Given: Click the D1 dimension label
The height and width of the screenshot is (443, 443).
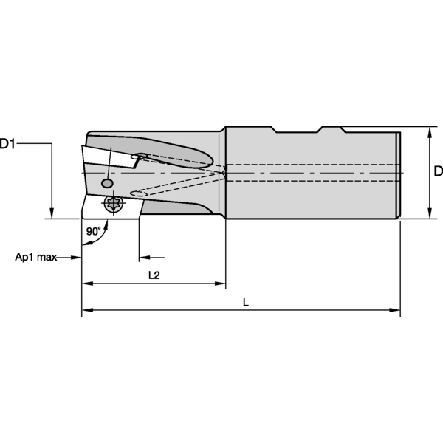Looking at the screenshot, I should [9, 144].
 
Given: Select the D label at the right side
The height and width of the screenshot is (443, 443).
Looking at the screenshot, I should [438, 171].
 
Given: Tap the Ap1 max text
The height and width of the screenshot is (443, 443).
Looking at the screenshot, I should [35, 258].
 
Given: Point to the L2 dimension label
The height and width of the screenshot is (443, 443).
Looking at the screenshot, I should [154, 275].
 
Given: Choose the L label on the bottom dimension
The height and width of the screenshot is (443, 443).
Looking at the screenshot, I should [245, 303].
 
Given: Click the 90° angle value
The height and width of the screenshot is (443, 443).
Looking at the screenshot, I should [93, 231].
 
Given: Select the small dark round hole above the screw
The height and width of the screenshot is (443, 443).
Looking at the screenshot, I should [107, 182].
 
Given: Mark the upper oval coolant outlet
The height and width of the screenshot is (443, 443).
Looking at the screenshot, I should [140, 156].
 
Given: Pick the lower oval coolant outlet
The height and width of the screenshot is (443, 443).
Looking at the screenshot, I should [136, 193].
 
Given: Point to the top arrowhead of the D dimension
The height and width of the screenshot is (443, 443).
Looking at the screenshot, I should [430, 131].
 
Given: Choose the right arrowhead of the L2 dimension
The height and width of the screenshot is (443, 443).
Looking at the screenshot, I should [220, 283].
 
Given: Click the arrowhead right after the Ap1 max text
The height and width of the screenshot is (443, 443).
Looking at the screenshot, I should [76, 258].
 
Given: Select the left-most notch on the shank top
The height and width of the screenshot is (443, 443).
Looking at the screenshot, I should [274, 130].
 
